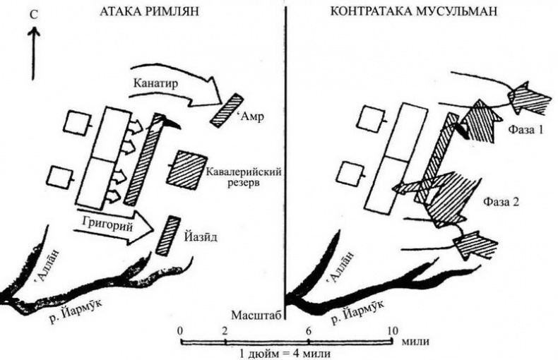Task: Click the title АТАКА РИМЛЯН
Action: [x=149, y=11]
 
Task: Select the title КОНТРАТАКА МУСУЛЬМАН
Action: [x=413, y=11]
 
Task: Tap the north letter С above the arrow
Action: [x=34, y=15]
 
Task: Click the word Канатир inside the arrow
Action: [x=155, y=84]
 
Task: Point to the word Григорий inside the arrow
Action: [x=107, y=224]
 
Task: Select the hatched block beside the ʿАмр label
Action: [x=226, y=110]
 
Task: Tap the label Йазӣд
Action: [x=201, y=236]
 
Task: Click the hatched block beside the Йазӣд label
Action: [x=168, y=235]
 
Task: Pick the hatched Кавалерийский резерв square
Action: [x=187, y=169]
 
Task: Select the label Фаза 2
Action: [x=501, y=202]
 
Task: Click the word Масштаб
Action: [x=256, y=315]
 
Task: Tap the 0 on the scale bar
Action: [x=181, y=331]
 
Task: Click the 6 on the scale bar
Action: [x=309, y=331]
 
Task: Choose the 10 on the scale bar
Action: [x=392, y=331]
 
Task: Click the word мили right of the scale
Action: [x=415, y=342]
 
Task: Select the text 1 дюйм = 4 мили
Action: [x=285, y=354]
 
